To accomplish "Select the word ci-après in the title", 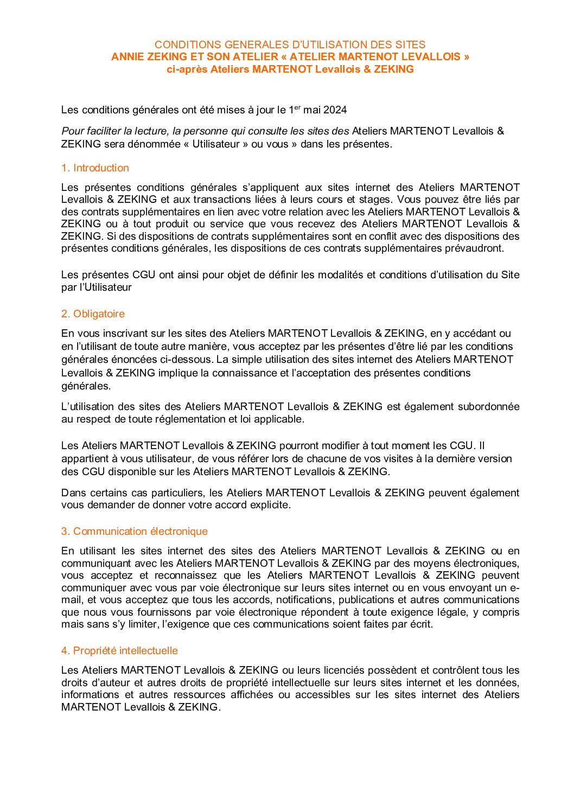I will click(x=187, y=69).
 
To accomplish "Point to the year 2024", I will click(x=335, y=110).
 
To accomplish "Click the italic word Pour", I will click(x=73, y=131).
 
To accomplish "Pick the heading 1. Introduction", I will click(x=95, y=168).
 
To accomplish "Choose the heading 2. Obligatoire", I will click(x=93, y=314).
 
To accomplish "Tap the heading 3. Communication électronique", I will click(x=134, y=532).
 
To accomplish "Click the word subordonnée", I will click(x=488, y=407).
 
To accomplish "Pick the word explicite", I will click(x=270, y=505).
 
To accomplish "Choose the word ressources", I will click(x=199, y=695).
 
